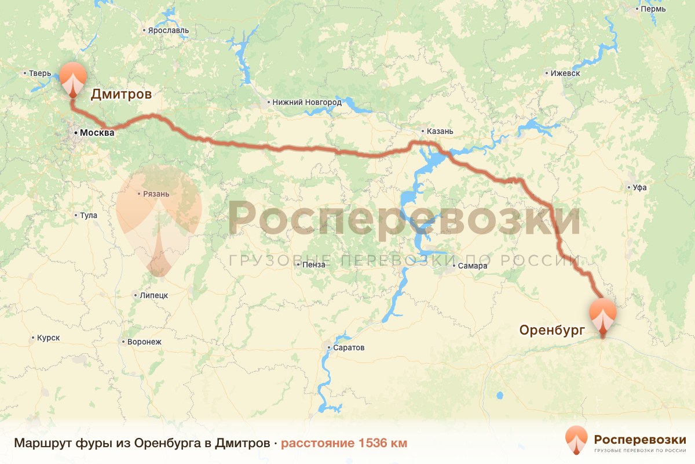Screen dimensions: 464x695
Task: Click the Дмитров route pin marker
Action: click(x=73, y=79)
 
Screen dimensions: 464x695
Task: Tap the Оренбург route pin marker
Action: click(x=602, y=315)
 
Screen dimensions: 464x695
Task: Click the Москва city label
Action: click(x=97, y=133)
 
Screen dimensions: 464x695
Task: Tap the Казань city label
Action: click(x=436, y=131)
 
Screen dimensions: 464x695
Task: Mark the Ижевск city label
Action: click(x=565, y=74)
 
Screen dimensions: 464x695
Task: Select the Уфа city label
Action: click(x=639, y=187)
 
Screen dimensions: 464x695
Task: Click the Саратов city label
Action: click(x=349, y=348)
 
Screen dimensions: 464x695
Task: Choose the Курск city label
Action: click(x=48, y=338)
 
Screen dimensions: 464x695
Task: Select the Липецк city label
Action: click(x=153, y=295)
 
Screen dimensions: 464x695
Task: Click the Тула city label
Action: click(x=88, y=216)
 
